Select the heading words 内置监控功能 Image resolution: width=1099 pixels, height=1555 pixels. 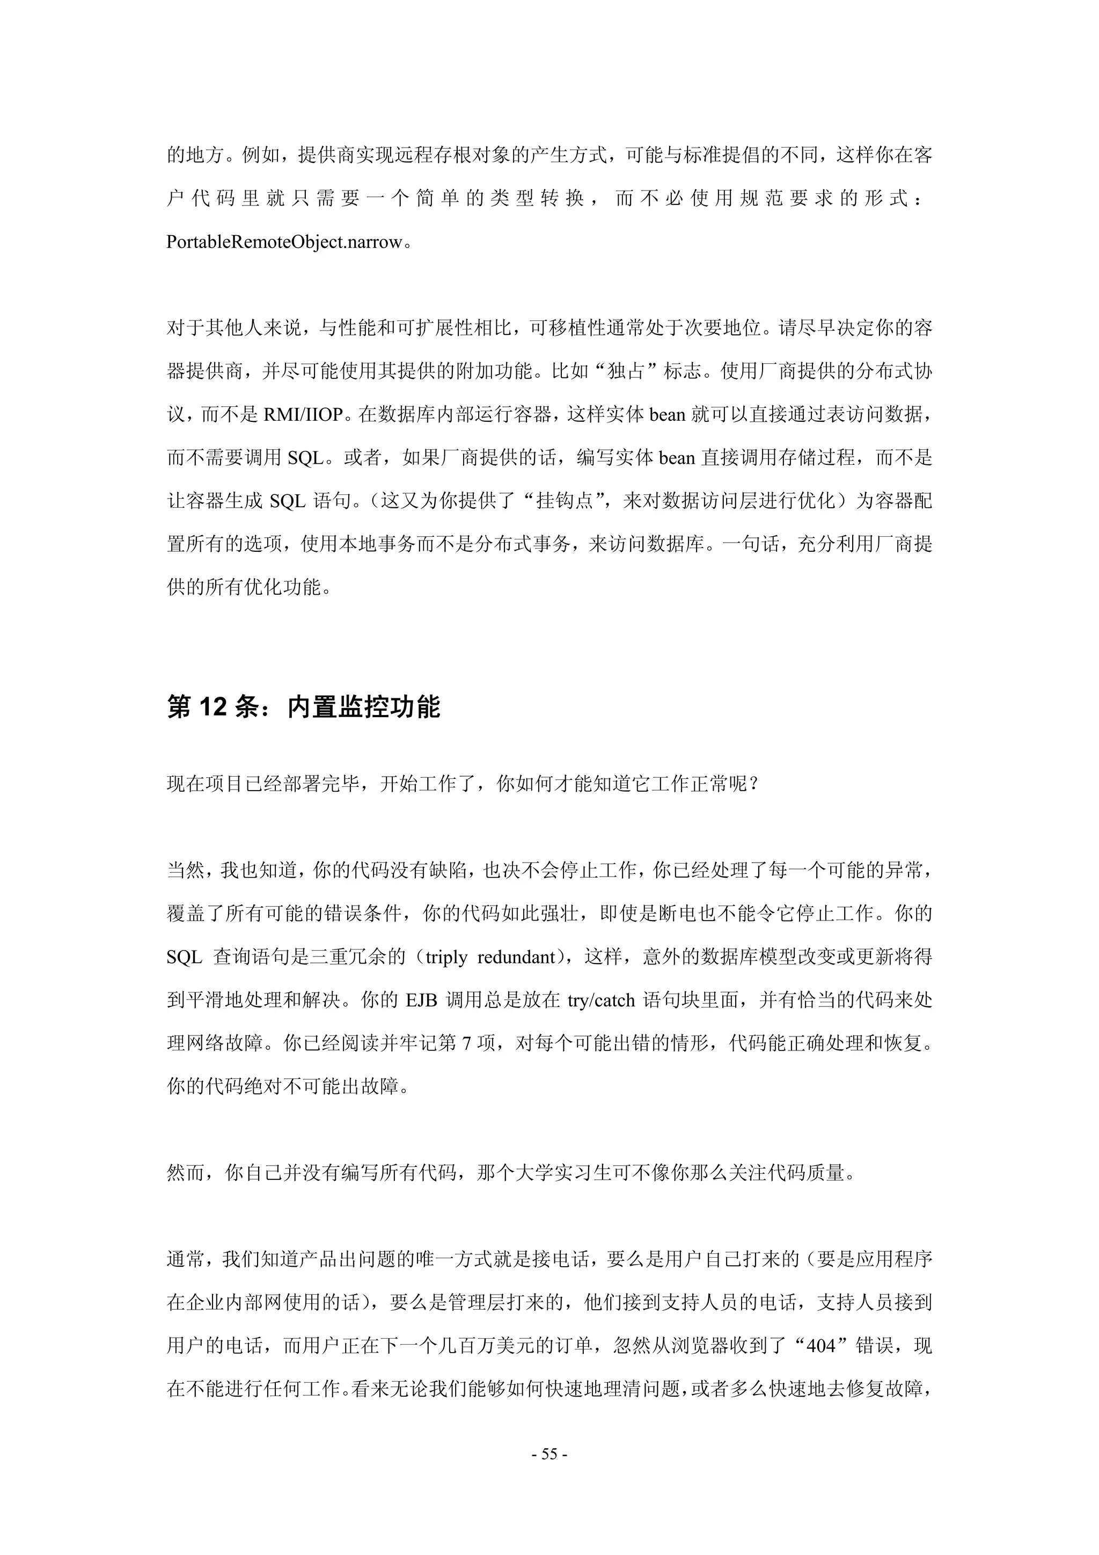click(x=364, y=707)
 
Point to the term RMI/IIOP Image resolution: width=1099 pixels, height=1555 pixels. click(x=303, y=414)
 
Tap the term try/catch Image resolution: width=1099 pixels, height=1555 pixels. click(x=602, y=1001)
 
